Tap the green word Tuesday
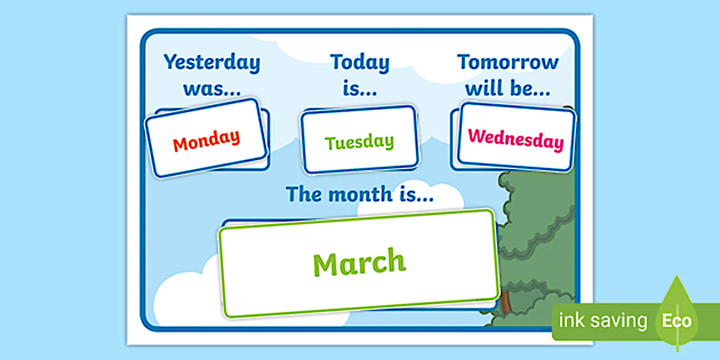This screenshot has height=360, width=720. click(x=359, y=142)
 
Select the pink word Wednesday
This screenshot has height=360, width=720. click(x=515, y=139)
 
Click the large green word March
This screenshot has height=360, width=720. click(x=359, y=263)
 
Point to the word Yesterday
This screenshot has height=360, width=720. click(x=211, y=62)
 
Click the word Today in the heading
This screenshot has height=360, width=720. click(x=359, y=62)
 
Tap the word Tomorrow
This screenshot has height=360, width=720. click(x=508, y=62)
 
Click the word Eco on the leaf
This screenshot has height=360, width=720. click(x=677, y=321)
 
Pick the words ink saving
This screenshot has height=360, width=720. click(x=603, y=321)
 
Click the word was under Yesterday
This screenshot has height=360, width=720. click(x=211, y=89)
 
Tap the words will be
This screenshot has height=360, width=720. click(x=508, y=89)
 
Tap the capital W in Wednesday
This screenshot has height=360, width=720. click(x=476, y=136)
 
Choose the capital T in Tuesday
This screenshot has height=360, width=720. click(x=330, y=142)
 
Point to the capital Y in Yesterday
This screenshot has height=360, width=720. click(x=170, y=62)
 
